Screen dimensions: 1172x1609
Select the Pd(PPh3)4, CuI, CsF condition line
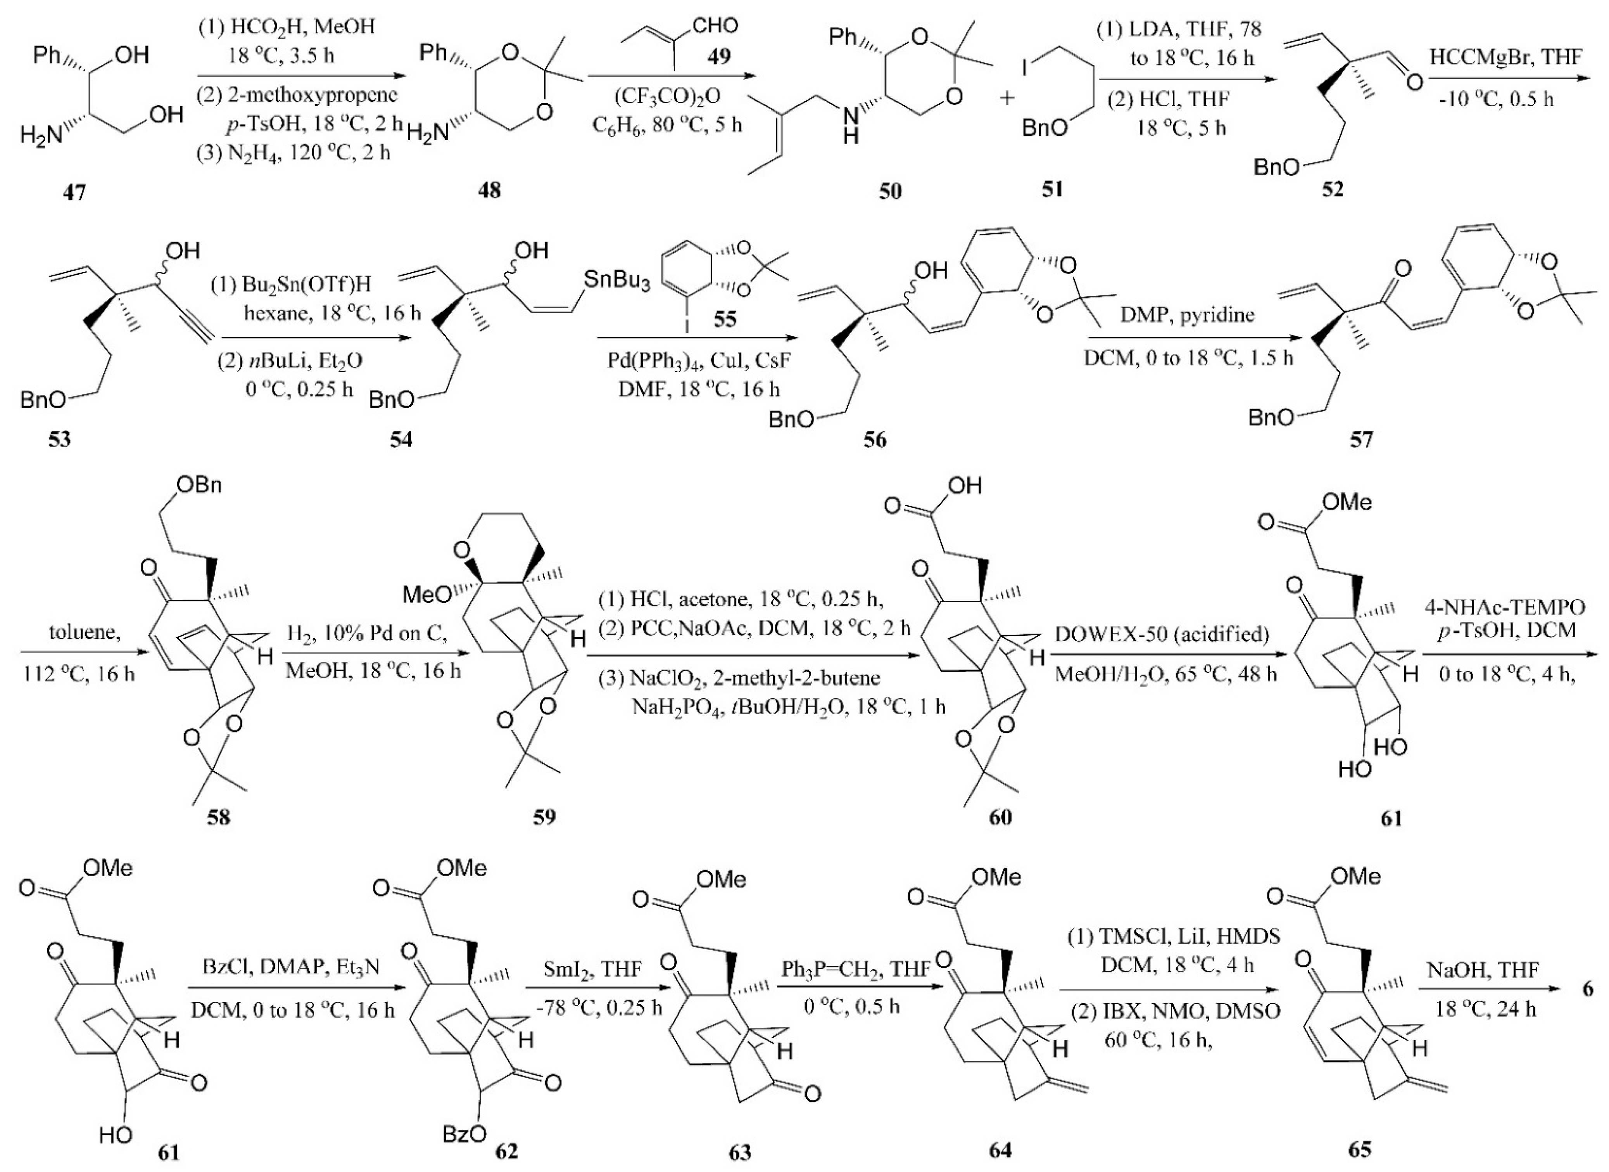click(x=692, y=363)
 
